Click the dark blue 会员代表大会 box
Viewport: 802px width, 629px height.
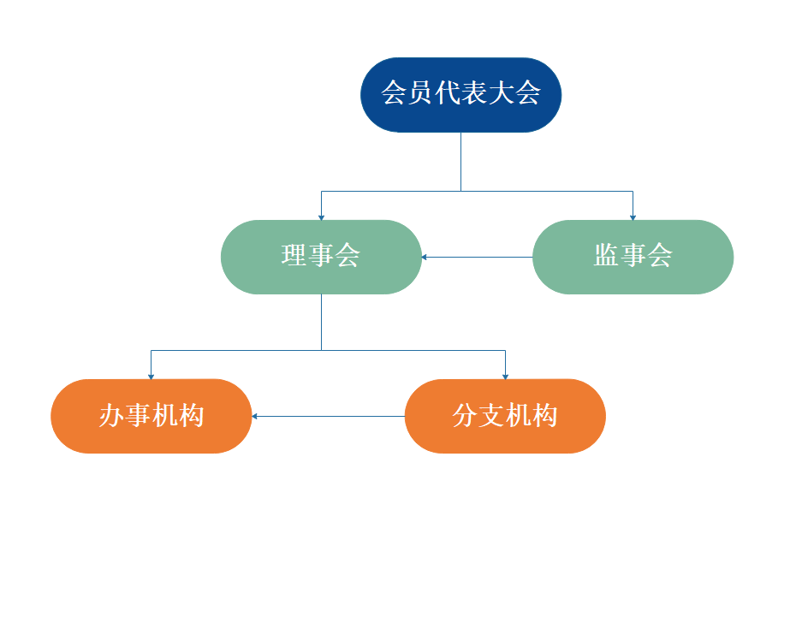460,94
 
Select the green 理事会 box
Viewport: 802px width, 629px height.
321,257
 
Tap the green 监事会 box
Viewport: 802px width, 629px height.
633,257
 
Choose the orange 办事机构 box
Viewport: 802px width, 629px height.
151,416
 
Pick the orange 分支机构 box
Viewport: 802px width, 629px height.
505,416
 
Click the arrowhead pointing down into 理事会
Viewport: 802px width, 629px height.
321,217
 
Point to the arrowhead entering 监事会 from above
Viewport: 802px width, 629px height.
633,217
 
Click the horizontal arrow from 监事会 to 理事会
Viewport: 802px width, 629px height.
477,257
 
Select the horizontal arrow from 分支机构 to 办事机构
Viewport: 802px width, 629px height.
328,417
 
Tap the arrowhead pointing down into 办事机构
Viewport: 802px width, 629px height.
151,376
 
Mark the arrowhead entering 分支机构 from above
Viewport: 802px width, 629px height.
505,376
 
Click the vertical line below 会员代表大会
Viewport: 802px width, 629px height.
460,161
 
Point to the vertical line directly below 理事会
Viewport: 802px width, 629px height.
321,322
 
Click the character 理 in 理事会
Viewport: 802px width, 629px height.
294,255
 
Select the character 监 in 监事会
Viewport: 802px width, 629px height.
607,255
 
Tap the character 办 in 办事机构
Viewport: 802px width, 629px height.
112,416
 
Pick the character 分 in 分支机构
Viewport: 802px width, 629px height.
466,416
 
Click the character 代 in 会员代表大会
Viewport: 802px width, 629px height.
447,93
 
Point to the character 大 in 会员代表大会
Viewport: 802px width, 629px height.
501,93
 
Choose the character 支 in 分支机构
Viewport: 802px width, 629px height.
492,416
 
